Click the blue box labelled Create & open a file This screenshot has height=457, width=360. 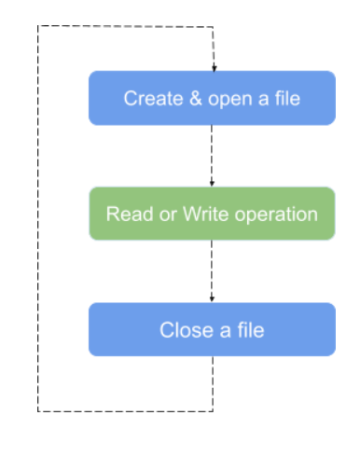click(x=212, y=98)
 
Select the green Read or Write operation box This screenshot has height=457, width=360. click(x=212, y=214)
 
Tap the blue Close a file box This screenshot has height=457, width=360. click(x=212, y=329)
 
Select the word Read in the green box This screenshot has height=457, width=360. click(x=126, y=214)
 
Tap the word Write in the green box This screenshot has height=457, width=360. click(x=193, y=214)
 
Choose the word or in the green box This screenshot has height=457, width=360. click(x=159, y=214)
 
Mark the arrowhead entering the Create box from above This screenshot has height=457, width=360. click(x=214, y=67)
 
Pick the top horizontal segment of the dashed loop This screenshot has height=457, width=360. click(x=126, y=26)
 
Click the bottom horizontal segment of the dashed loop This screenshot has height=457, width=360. click(x=126, y=411)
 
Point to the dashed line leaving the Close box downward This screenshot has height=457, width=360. click(x=213, y=383)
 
